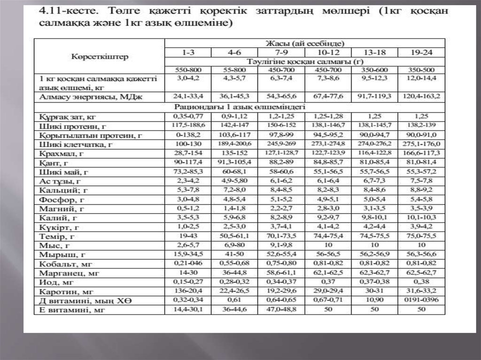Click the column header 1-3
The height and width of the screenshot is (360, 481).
click(x=187, y=53)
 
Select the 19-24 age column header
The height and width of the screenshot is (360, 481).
click(x=421, y=53)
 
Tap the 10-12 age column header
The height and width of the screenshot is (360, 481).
click(x=328, y=53)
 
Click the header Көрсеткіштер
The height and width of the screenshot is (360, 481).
click(x=100, y=57)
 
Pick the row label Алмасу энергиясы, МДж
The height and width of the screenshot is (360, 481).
click(x=85, y=97)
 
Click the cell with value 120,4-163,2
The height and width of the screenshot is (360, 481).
click(x=421, y=97)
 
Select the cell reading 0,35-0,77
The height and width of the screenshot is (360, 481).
click(x=187, y=115)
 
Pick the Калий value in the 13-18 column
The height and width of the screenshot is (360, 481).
click(x=374, y=218)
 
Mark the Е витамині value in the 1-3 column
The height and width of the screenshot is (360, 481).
click(x=187, y=310)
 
